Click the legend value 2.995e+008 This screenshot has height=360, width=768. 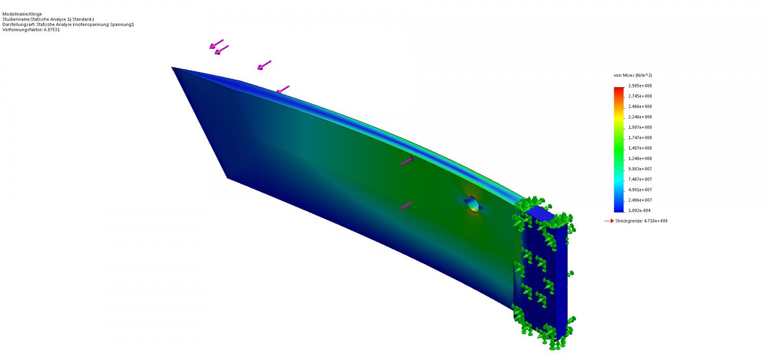[x=640, y=86]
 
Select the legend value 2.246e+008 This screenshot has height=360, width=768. [x=640, y=117]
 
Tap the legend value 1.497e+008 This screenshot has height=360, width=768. [x=640, y=148]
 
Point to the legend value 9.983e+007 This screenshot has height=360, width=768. [x=640, y=169]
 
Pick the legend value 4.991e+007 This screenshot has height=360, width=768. [x=640, y=190]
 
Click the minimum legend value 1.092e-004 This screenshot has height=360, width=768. [x=639, y=211]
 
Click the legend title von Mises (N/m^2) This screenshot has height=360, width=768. [x=633, y=75]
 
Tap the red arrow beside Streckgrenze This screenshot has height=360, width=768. [x=609, y=221]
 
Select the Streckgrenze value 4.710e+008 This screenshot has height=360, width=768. [x=656, y=221]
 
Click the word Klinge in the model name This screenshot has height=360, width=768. [x=36, y=14]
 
